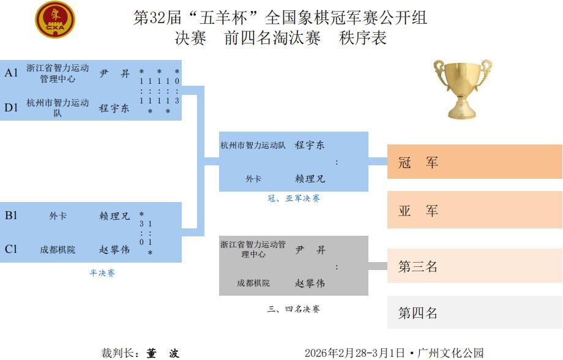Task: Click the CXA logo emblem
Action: pos(55,20)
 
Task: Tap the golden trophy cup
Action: pos(463,89)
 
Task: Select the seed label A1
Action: pos(11,73)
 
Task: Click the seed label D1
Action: pos(11,107)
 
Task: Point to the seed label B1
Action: pos(11,216)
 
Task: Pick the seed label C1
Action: pos(11,249)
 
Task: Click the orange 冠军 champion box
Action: pos(475,162)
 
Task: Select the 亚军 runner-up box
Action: pos(475,210)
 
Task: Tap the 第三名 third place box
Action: pos(475,266)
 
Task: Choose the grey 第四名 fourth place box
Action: pos(475,312)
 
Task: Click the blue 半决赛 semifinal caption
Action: pos(102,273)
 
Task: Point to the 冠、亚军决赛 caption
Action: pos(294,198)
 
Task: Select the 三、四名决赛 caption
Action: pos(294,309)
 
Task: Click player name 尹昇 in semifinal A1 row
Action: pos(114,73)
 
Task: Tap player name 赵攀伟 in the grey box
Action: pos(310,283)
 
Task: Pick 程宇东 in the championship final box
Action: pos(310,145)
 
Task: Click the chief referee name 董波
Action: pos(163,353)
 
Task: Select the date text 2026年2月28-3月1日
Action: pos(355,353)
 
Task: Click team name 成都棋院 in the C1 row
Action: pos(58,250)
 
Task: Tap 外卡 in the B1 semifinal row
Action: pos(58,216)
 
